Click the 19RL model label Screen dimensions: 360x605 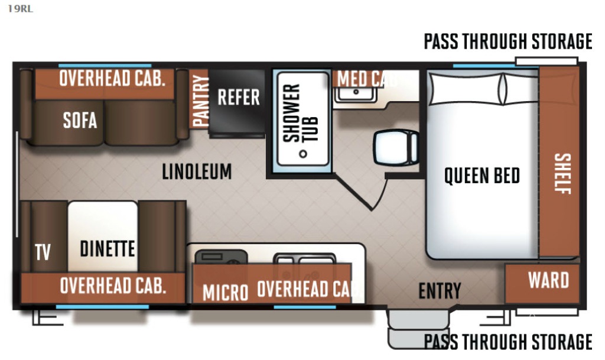pyautogui.click(x=19, y=9)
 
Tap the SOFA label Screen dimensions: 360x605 pyautogui.click(x=80, y=120)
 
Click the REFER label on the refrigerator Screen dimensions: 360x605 pyautogui.click(x=239, y=97)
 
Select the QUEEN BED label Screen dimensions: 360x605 pyautogui.click(x=482, y=176)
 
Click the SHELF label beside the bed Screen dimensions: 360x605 pyautogui.click(x=562, y=174)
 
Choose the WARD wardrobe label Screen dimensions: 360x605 pyautogui.click(x=548, y=280)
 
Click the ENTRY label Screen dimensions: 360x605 pyautogui.click(x=440, y=290)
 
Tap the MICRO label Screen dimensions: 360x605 pyautogui.click(x=225, y=292)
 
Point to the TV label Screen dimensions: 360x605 pyautogui.click(x=43, y=252)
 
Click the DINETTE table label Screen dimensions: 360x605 pyautogui.click(x=107, y=248)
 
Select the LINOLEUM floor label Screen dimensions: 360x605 pyautogui.click(x=197, y=171)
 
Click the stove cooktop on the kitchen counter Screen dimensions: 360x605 pyautogui.click(x=221, y=257)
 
